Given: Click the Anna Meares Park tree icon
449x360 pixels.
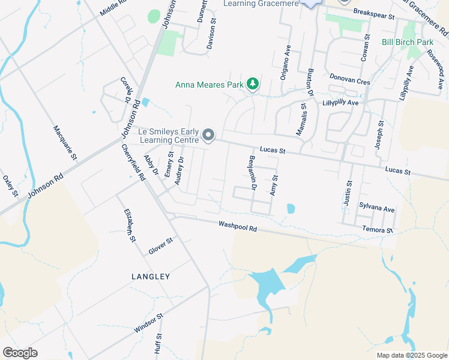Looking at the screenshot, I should tap(253, 85).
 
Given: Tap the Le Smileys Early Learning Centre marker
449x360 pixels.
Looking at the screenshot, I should tap(208, 136).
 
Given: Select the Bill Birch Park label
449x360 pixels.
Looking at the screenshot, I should tap(408, 43).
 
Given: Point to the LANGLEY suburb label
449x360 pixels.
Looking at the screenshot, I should tap(151, 277).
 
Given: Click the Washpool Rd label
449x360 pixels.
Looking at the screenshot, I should tap(238, 227).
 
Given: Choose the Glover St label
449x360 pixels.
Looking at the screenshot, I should tap(161, 246).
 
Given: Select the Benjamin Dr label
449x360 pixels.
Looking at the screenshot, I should tap(253, 174).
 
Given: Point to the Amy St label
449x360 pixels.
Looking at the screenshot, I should tap(275, 185).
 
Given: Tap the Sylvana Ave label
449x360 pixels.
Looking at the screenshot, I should tap(377, 208).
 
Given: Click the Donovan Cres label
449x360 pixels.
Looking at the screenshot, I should tap(349, 79).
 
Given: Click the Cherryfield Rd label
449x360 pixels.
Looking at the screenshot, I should tap(133, 163).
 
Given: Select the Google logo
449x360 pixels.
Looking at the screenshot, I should tap(20, 353).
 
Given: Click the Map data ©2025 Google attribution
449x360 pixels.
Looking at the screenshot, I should tap(411, 355).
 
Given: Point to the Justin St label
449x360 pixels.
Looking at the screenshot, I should tap(348, 193).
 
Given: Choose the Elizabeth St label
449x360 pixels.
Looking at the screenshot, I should tap(128, 226).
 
